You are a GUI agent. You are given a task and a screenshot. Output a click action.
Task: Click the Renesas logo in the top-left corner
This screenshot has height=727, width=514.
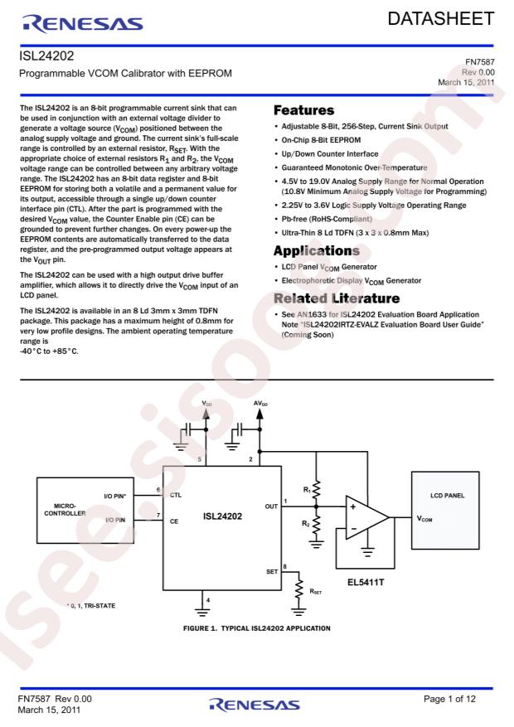pos(83,24)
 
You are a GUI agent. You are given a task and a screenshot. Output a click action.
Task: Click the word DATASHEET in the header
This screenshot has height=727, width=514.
pos(441,18)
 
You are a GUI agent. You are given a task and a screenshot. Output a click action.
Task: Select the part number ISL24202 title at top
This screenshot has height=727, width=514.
pos(46,56)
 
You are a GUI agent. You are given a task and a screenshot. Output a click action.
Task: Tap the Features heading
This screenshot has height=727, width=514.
pos(303,110)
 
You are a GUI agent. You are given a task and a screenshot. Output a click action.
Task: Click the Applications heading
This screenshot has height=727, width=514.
pos(317,251)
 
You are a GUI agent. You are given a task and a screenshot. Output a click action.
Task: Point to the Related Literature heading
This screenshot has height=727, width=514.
pos(337,298)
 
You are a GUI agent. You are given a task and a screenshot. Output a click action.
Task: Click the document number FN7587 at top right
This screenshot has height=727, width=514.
pos(480,61)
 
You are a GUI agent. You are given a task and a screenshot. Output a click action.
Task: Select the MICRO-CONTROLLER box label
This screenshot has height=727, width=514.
pos(65,510)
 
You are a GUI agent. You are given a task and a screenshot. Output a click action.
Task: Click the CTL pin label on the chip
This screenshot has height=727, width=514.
pos(176,495)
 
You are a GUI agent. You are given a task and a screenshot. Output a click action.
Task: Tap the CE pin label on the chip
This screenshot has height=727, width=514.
pos(174,521)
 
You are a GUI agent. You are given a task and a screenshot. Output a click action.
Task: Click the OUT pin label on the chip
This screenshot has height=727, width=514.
pos(271,506)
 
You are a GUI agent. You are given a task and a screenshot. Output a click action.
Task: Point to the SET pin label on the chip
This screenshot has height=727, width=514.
pos(272,572)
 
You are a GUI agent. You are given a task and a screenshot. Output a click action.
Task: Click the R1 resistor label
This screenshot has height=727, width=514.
pos(307,490)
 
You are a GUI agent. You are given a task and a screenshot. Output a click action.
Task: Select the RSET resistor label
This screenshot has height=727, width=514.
pos(316,592)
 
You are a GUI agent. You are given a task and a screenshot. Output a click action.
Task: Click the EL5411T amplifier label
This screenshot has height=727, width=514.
pos(366,582)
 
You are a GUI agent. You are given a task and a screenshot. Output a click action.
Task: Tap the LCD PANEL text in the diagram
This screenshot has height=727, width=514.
pos(447,495)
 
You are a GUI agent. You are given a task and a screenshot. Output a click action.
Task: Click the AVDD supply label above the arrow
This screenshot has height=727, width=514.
pos(260,404)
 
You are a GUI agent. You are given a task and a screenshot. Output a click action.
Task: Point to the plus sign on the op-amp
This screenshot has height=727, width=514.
pos(353,506)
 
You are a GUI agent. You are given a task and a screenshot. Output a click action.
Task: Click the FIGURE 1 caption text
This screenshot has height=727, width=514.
pos(257,628)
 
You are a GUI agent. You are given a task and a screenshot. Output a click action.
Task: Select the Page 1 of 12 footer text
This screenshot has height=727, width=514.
pos(449,699)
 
